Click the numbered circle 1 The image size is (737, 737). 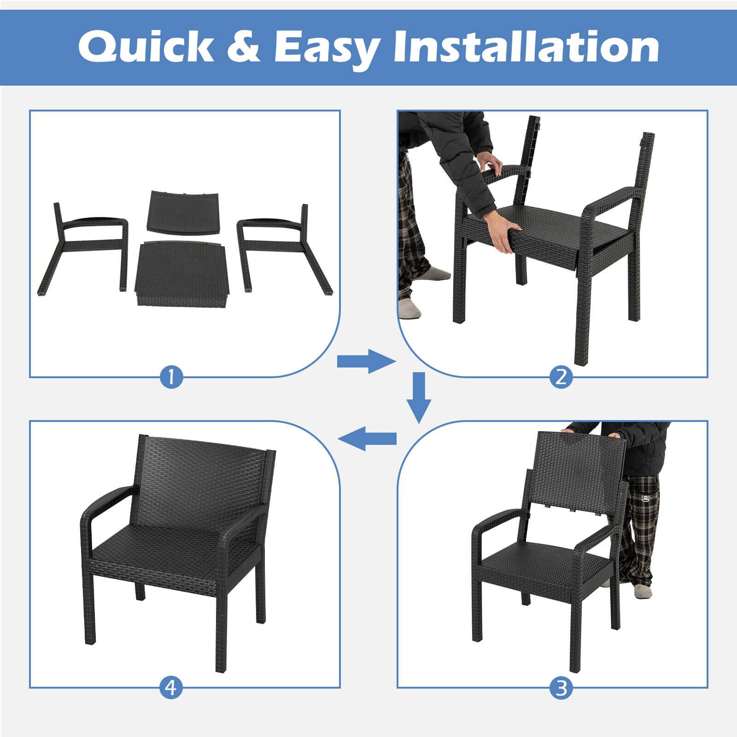click(171, 378)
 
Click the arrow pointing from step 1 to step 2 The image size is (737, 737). click(366, 361)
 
